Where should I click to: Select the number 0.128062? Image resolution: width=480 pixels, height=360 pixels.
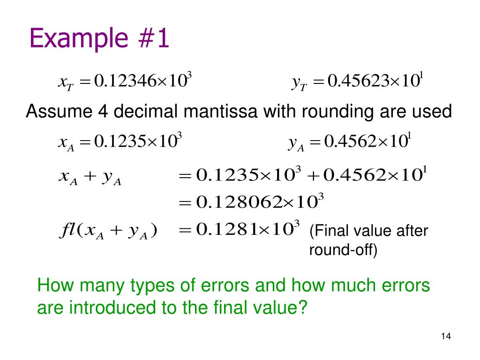241,202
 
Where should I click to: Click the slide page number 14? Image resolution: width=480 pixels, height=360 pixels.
445,336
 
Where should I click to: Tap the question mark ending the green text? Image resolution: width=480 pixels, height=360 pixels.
302,307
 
